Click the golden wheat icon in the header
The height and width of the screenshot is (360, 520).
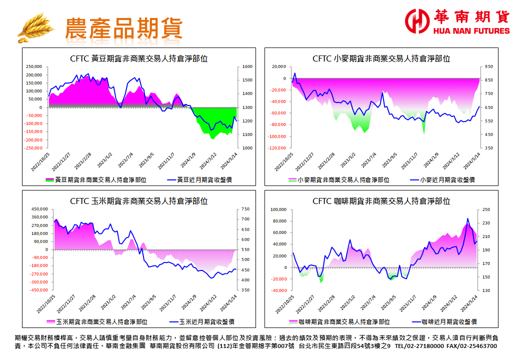[36, 27]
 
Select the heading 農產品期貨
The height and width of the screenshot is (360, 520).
[124, 28]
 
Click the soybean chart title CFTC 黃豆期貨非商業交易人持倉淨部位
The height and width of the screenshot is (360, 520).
[139, 58]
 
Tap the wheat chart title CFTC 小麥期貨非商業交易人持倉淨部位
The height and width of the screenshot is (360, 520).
[381, 58]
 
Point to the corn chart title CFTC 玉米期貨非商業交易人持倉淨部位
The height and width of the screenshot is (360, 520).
[139, 201]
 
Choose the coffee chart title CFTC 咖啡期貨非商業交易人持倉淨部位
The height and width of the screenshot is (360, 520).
[381, 201]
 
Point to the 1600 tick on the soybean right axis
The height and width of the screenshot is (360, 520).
[247, 67]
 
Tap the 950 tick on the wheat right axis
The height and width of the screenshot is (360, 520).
[488, 67]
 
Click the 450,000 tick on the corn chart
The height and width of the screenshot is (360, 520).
[38, 209]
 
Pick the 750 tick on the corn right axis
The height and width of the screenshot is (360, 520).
[245, 209]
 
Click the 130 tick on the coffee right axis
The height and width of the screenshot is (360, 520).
[486, 290]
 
